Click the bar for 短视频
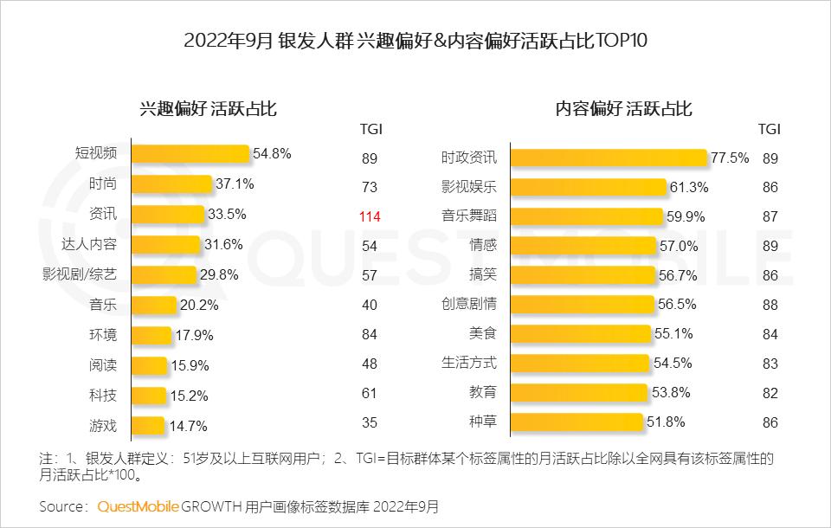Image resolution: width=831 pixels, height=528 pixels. (x=190, y=154)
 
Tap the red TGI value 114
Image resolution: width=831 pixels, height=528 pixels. (x=370, y=216)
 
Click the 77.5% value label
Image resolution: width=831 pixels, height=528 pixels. (x=730, y=158)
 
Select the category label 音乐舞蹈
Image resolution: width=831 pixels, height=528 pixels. (x=469, y=216)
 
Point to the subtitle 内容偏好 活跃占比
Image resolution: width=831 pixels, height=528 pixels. (x=623, y=109)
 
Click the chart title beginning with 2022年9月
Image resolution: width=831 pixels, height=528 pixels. (x=415, y=41)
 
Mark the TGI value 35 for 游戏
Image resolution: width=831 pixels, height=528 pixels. (x=370, y=425)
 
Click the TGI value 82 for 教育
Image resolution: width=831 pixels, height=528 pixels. (x=770, y=393)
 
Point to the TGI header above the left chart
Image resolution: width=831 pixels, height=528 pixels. (x=370, y=129)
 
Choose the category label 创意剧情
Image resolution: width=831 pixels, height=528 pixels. (x=469, y=305)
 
